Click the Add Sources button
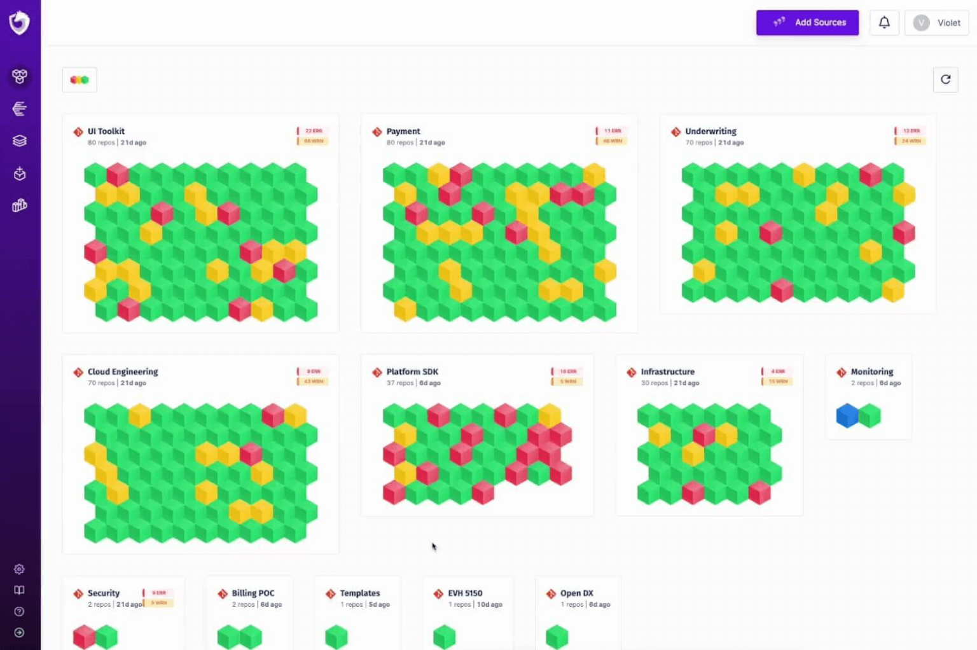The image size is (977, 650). pos(807,22)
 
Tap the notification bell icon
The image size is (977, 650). pos(884,22)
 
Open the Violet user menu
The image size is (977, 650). pos(936,23)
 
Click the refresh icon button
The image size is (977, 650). pos(945,80)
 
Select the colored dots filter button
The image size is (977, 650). pos(80,80)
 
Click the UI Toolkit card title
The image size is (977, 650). pos(106,131)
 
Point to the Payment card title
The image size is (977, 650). pos(403,131)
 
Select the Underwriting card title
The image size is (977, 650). pos(710,131)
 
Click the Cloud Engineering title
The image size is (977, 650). pos(122,371)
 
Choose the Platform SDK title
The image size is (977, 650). pos(412,371)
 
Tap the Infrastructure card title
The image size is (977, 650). pos(667,371)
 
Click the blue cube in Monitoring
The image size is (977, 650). pos(847,416)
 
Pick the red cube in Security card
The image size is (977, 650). pos(84,637)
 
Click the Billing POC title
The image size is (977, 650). pos(253,593)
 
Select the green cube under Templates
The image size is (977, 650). pos(336,637)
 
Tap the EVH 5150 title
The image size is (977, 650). pos(464,593)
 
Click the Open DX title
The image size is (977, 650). pos(576,593)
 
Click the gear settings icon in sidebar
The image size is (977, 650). pos(19,569)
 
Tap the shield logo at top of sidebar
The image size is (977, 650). pos(19,23)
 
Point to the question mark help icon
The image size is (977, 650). pos(19,611)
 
